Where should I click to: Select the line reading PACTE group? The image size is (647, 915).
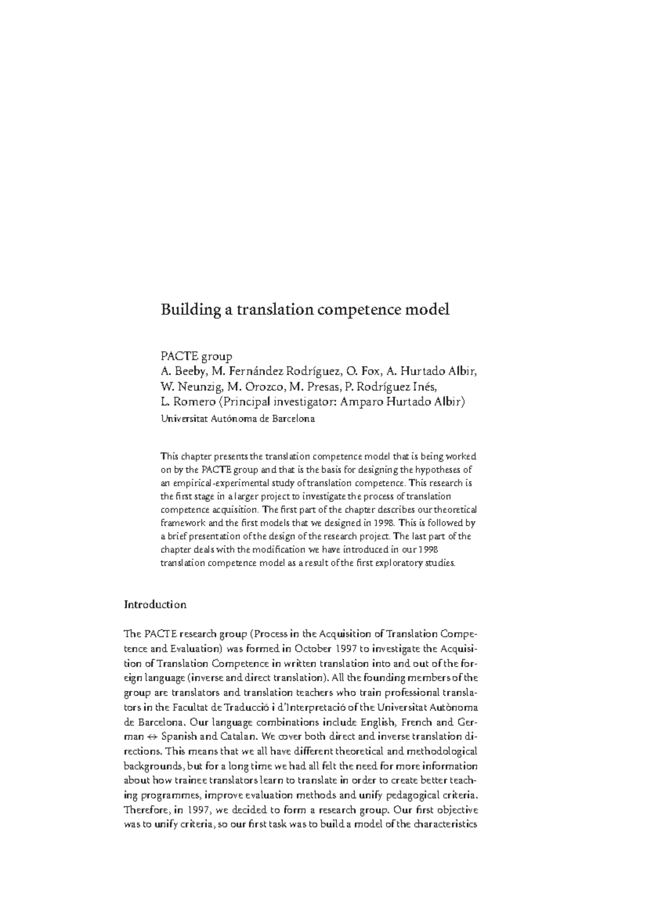[x=196, y=357]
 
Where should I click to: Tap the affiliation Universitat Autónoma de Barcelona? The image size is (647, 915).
[x=237, y=419]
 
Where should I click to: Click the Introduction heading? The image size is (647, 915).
[x=155, y=605]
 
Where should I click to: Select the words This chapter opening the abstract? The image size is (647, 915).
[x=181, y=456]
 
